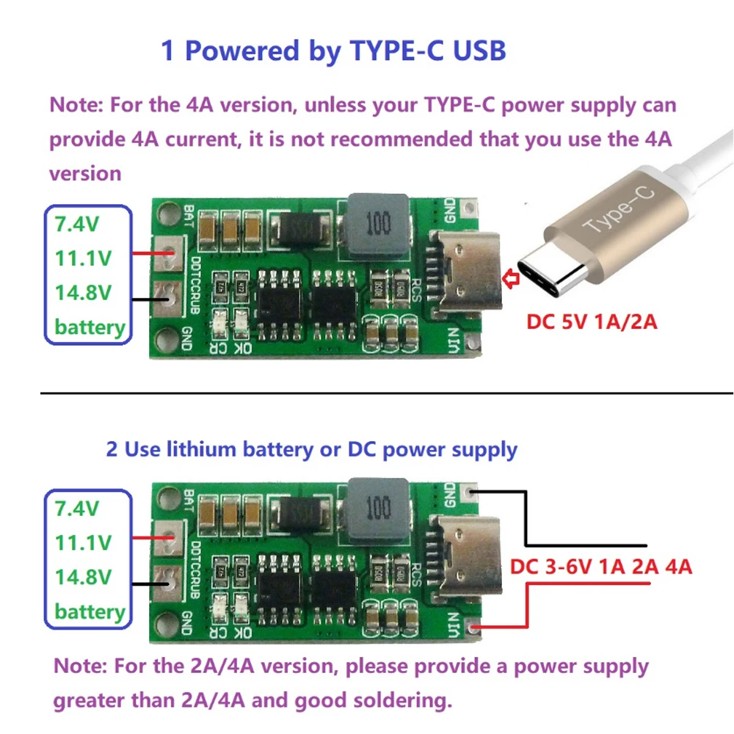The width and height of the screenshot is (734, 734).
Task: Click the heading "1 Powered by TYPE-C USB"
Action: [333, 51]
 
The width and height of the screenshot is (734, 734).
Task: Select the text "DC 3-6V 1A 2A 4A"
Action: [601, 567]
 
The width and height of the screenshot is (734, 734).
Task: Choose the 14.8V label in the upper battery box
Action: [83, 292]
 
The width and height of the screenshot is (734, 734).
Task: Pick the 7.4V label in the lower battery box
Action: [77, 507]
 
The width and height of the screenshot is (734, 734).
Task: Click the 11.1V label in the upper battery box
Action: [83, 258]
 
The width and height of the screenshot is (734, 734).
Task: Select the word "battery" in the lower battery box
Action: [90, 611]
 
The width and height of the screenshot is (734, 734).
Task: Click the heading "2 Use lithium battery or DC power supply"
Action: [312, 449]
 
